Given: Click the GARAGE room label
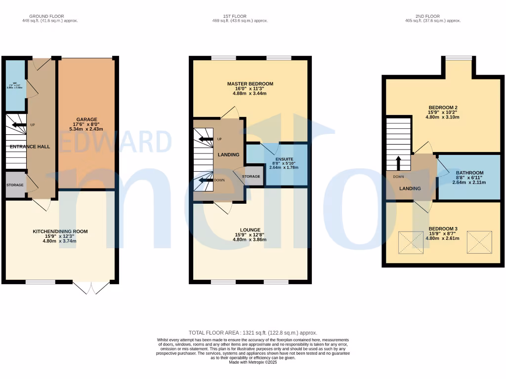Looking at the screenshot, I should [x=86, y=119].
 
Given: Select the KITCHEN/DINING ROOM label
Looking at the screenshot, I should [x=60, y=231].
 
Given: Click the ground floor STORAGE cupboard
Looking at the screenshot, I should [x=15, y=185].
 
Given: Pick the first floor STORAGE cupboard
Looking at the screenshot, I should [x=251, y=176].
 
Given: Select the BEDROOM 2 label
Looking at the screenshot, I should [x=442, y=108].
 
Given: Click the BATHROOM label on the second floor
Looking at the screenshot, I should [x=469, y=173].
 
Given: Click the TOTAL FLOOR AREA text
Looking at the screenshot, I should [x=253, y=333].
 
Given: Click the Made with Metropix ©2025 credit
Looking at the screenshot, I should [x=253, y=362].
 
